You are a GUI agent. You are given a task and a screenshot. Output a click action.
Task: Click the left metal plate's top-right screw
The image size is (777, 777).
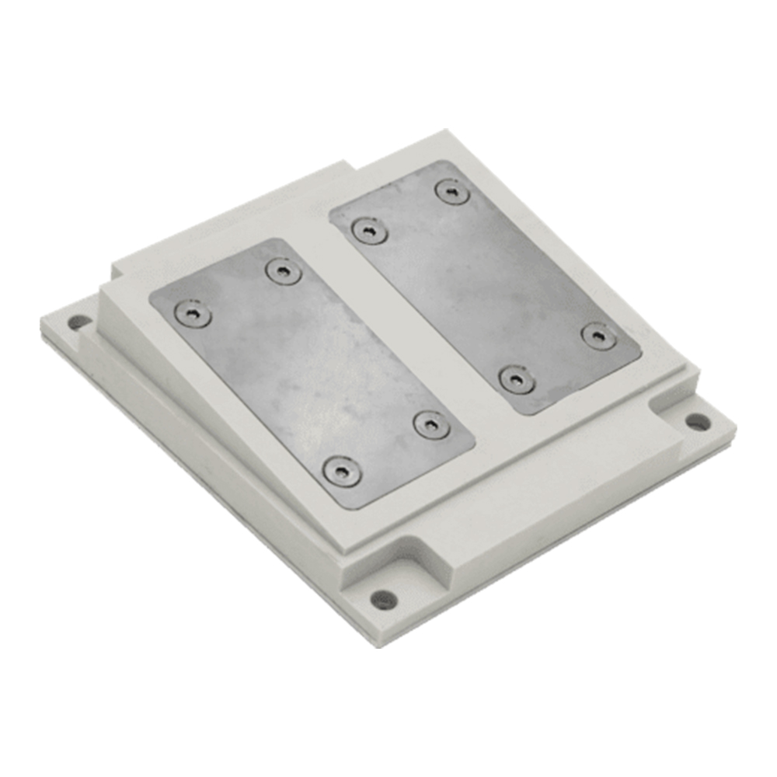coord(282,271)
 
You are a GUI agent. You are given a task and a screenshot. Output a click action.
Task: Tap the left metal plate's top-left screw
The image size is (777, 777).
coord(191,313)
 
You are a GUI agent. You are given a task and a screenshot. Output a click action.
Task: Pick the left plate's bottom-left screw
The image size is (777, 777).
coord(341,472)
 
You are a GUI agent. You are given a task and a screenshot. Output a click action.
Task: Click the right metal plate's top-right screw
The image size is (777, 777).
coord(452,191)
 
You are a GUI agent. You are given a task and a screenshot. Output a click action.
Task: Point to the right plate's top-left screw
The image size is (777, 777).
coord(369,230)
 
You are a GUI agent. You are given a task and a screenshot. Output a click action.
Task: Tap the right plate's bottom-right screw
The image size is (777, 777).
coord(599,336)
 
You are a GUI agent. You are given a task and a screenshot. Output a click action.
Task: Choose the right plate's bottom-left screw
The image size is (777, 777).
coord(517,379)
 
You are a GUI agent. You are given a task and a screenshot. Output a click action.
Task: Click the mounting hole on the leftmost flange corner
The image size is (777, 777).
coord(78,321)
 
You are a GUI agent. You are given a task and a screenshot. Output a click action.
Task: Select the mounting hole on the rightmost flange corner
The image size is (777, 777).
coord(697,422)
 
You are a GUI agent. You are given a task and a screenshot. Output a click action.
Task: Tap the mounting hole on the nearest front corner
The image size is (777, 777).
coord(383,599)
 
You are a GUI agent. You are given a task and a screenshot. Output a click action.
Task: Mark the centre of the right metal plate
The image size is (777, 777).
coord(486,286)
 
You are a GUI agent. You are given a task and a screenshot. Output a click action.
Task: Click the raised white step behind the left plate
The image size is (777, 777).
coord(225,225)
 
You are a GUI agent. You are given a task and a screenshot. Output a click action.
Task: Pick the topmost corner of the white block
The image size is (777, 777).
coord(445,132)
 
